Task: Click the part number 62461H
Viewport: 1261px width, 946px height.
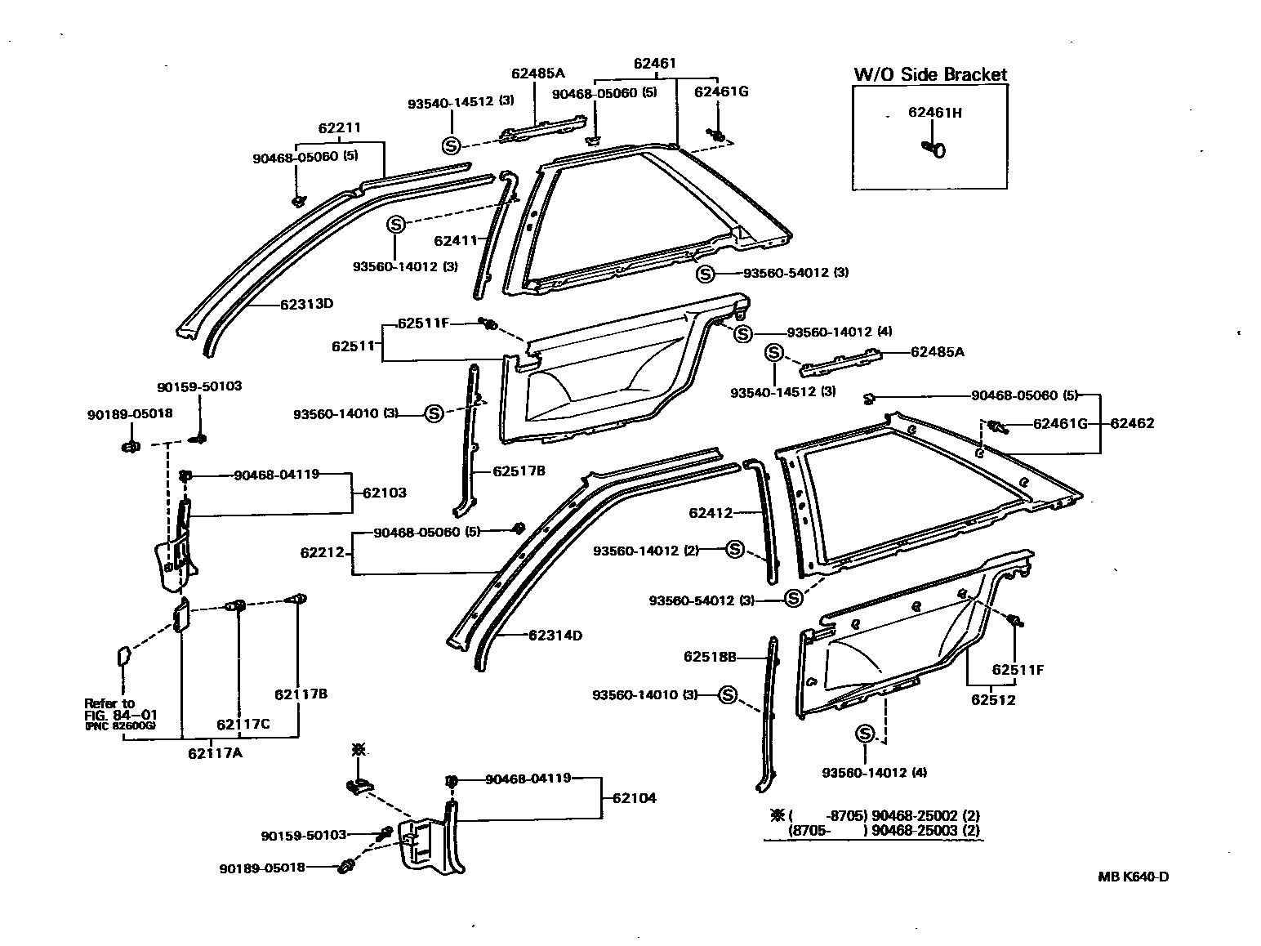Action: click(934, 113)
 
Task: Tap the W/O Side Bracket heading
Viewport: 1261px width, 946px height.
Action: click(930, 74)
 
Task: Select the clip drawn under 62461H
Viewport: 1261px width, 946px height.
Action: click(934, 149)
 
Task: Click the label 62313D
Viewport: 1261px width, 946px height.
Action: click(307, 305)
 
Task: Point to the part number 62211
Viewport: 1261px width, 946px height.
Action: click(340, 128)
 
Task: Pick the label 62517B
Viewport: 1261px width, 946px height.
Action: click(519, 471)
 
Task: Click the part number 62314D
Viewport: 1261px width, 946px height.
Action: click(555, 635)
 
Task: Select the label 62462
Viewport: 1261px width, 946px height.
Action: click(1132, 424)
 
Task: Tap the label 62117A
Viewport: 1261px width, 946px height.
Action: click(215, 752)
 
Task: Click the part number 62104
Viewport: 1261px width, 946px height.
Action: click(635, 798)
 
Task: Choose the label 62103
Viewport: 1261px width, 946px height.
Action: click(385, 493)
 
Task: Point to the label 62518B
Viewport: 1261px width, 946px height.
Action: click(711, 656)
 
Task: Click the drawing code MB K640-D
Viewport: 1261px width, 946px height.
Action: click(1133, 877)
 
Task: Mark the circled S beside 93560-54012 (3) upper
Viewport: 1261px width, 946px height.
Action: click(706, 273)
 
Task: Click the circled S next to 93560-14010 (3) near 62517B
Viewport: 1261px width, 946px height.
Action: click(433, 414)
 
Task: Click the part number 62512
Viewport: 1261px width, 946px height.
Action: click(993, 700)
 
